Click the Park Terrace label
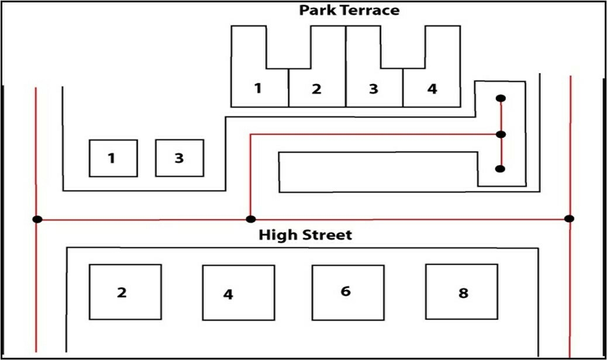click(349, 11)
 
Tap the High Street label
click(305, 236)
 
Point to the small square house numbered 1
click(113, 158)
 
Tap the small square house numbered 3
click(179, 158)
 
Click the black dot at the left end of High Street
click(37, 220)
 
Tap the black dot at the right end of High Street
click(570, 219)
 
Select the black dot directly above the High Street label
click(250, 220)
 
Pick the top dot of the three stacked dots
click(501, 98)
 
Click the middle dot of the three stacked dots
click(501, 134)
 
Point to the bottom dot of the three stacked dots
click(500, 169)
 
